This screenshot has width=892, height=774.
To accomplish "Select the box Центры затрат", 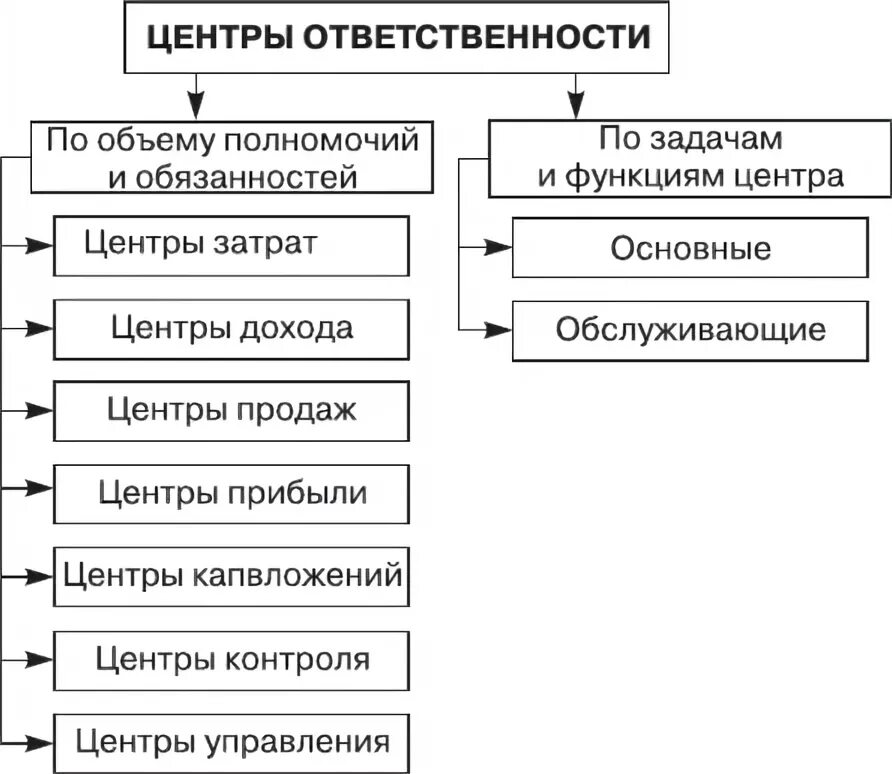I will pos(231,245).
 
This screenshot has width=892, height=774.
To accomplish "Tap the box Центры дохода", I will pos(231,328).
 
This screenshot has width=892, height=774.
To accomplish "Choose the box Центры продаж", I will pos(231,411).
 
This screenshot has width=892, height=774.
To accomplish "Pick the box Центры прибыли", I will pos(231,493).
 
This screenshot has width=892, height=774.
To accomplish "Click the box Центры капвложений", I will pos(231,576).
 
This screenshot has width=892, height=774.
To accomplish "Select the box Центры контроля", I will pos(231,659).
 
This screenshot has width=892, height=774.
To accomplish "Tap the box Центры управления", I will pos(231,742).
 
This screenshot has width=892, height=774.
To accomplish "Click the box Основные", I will pos(690,248).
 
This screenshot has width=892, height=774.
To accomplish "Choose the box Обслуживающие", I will pos(690,330).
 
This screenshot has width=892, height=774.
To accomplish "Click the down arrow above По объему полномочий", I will pos(198,104).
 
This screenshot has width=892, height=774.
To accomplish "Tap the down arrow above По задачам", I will pos(575,104).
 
